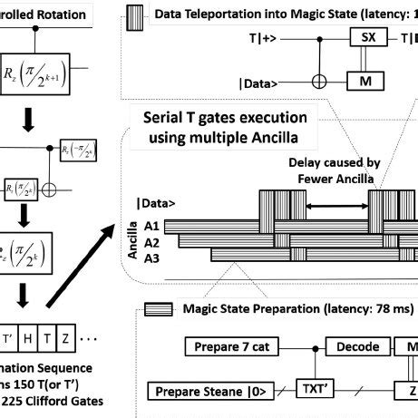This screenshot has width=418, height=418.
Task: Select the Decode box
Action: coord(349,346)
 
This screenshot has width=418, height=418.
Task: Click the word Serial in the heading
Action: coord(171,119)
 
